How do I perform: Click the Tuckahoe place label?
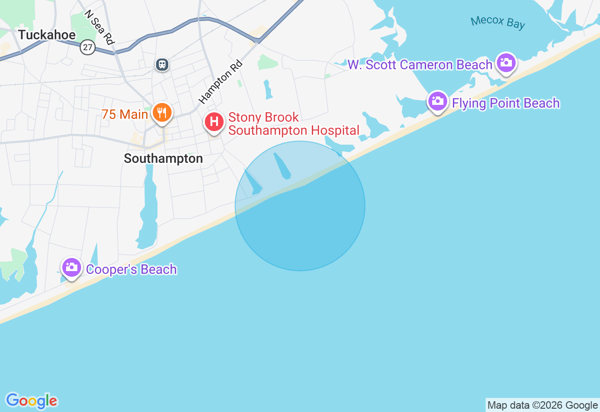point(47,35)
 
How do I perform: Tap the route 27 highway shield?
point(88,47)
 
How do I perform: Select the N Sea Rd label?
point(99,28)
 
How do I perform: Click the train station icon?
point(162,64)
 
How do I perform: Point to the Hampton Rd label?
point(220,81)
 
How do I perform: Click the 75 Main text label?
point(125,114)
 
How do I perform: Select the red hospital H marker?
point(214,122)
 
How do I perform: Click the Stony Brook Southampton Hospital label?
point(293,124)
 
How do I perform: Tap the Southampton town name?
point(163,158)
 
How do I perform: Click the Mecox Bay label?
point(498,22)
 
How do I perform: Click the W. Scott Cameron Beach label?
point(420,65)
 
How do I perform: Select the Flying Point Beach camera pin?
point(437,101)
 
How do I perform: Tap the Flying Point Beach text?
point(506,103)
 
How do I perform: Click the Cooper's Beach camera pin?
point(71,267)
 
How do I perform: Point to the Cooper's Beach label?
point(131,269)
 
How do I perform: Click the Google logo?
point(31,401)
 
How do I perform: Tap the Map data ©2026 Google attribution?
point(542,405)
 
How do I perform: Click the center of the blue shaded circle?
point(300,206)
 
